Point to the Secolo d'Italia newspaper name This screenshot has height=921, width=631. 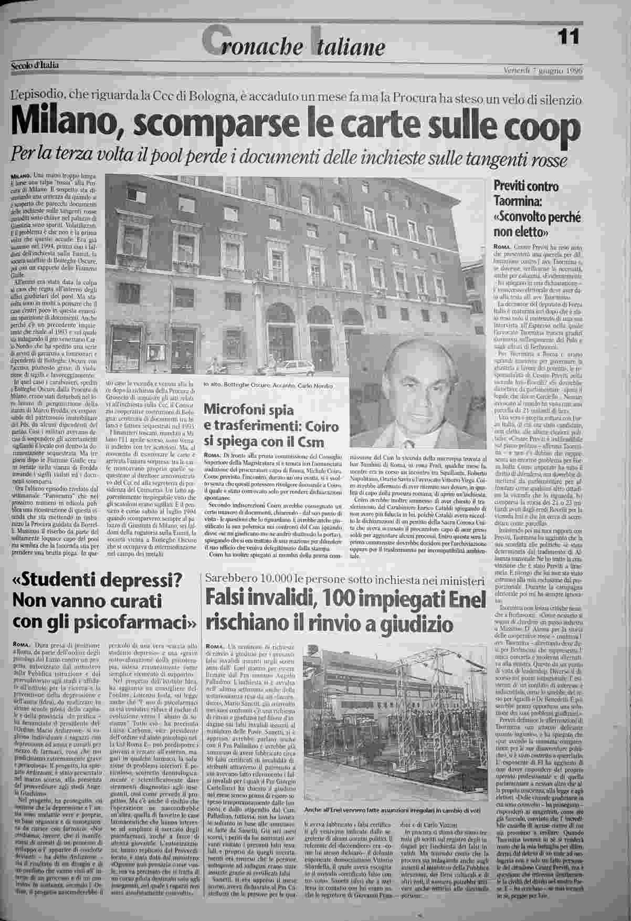[x=35, y=65]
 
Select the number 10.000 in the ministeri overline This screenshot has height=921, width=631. [x=280, y=579]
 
